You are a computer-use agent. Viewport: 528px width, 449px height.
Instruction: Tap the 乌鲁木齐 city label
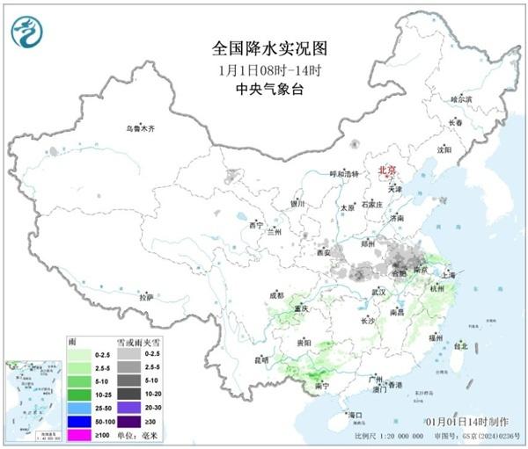139,129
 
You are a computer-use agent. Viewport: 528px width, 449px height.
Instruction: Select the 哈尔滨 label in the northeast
462,99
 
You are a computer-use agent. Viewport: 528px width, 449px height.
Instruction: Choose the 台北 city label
459,347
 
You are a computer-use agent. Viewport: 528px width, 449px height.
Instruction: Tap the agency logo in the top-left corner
27,33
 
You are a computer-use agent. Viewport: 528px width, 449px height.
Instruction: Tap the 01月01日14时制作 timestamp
464,423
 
